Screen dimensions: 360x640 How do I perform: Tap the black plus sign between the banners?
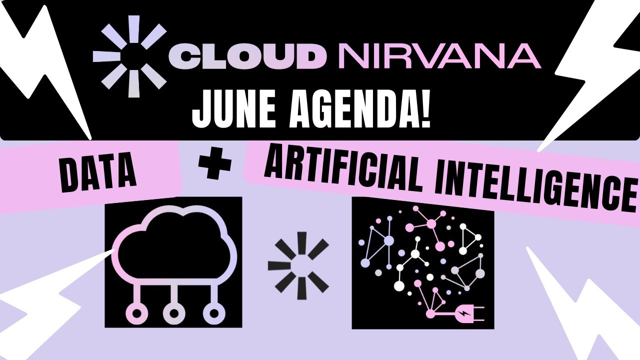(215, 165)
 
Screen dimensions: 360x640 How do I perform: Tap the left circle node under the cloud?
(134, 313)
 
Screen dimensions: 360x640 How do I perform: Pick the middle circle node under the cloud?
(174, 313)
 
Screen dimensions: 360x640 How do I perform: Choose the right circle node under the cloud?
(214, 313)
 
